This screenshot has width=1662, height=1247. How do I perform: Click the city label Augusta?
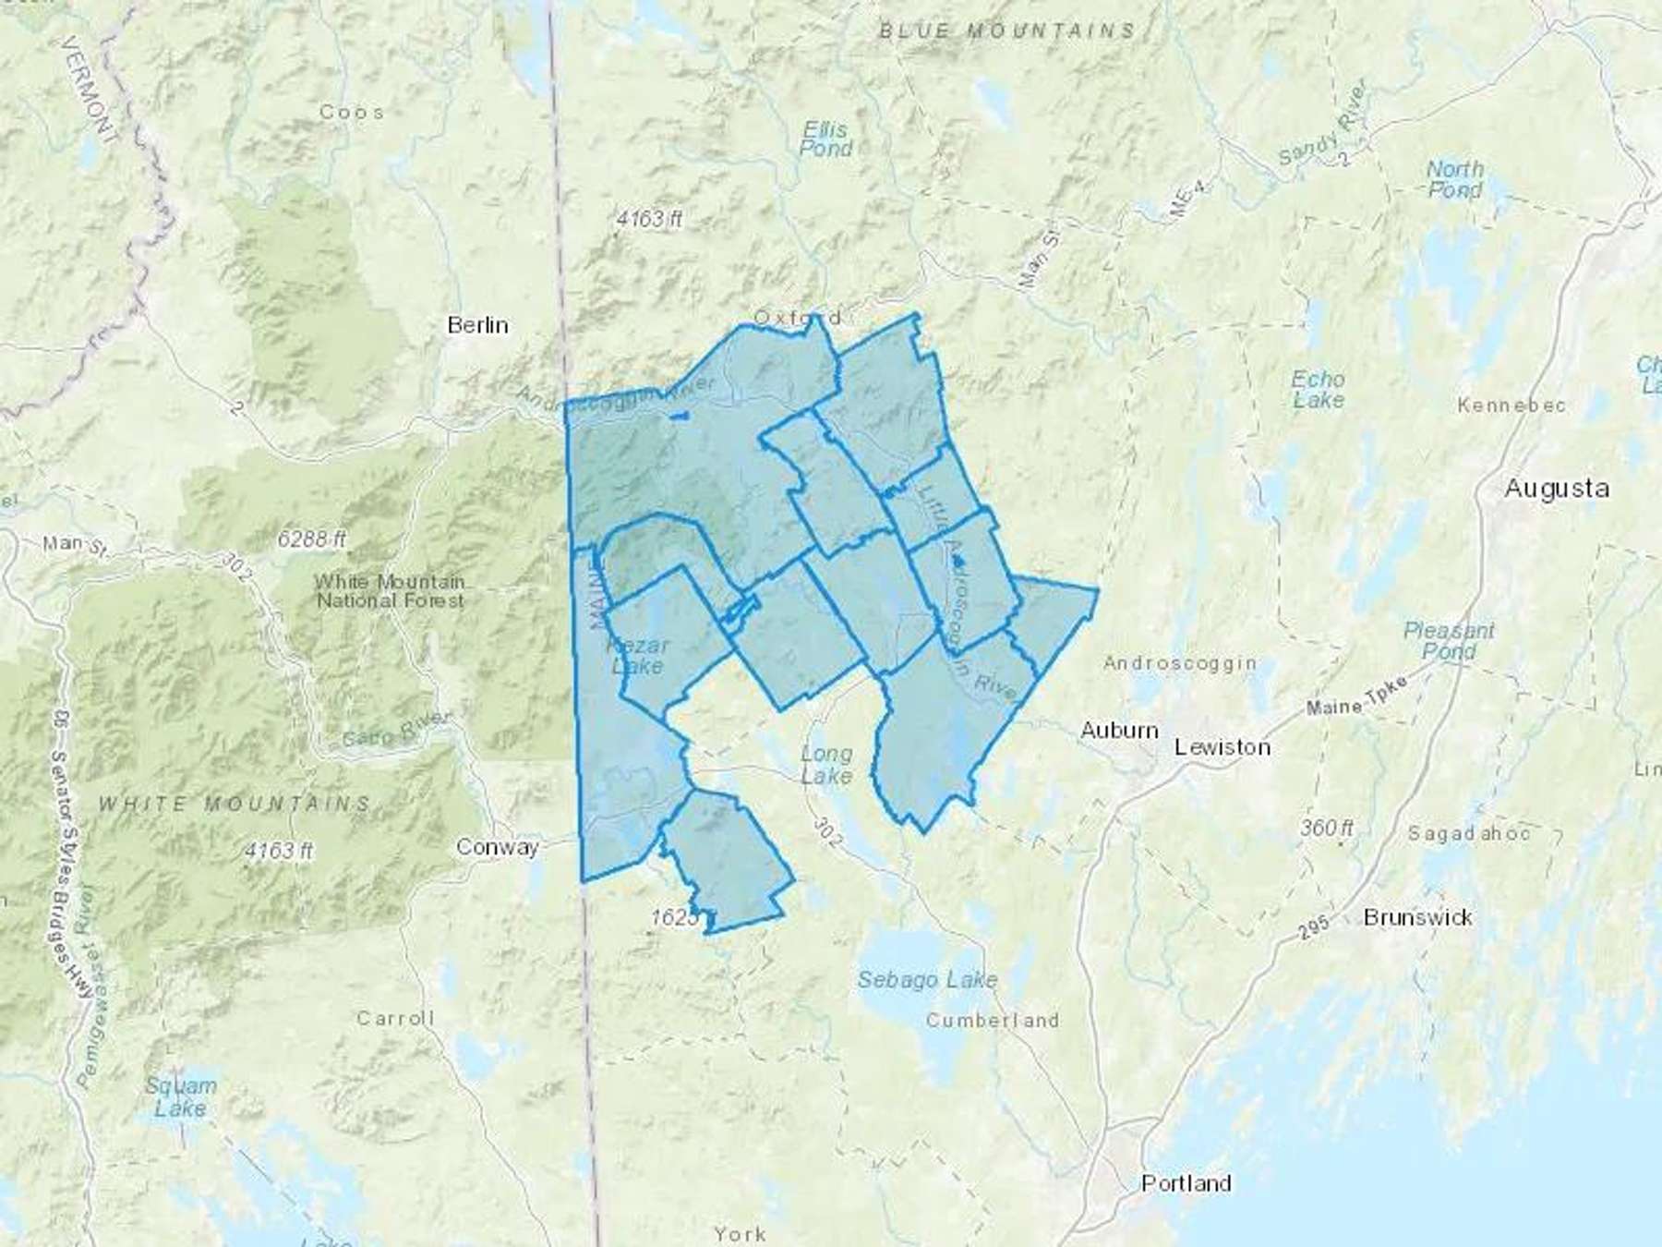pyautogui.click(x=1557, y=489)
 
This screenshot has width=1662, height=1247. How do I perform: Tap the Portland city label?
pyautogui.click(x=1186, y=1183)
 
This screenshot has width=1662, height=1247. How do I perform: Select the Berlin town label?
pyautogui.click(x=477, y=325)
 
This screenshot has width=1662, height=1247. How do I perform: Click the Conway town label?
pyautogui.click(x=498, y=848)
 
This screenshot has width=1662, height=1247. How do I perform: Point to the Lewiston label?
pyautogui.click(x=1222, y=746)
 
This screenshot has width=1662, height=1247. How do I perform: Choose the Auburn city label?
pyautogui.click(x=1119, y=731)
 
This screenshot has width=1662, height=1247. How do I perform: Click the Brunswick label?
pyautogui.click(x=1417, y=917)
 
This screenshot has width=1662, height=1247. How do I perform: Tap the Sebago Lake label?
pyautogui.click(x=927, y=979)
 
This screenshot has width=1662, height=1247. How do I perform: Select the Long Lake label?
pyautogui.click(x=826, y=765)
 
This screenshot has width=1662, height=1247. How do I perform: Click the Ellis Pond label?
pyautogui.click(x=825, y=139)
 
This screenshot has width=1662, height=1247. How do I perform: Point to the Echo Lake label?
pyautogui.click(x=1318, y=390)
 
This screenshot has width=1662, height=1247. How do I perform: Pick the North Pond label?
pyautogui.click(x=1455, y=180)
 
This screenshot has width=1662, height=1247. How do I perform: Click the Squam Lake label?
pyautogui.click(x=181, y=1096)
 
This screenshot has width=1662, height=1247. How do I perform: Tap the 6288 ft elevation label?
pyautogui.click(x=312, y=538)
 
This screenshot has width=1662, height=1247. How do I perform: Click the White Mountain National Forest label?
pyautogui.click(x=390, y=591)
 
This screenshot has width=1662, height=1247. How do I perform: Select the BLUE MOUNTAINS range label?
pyautogui.click(x=1006, y=31)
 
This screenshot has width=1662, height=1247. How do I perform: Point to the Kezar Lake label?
pyautogui.click(x=637, y=655)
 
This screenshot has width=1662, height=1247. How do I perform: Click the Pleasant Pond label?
pyautogui.click(x=1449, y=641)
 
